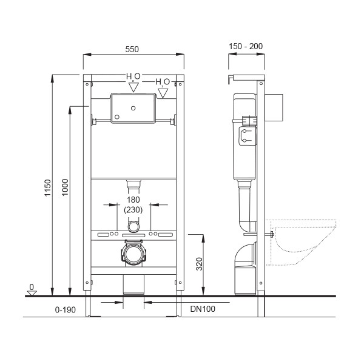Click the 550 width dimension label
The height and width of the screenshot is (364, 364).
[132, 49]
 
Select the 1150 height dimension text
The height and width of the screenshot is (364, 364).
[47, 188]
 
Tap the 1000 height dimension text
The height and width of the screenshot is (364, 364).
[66, 187]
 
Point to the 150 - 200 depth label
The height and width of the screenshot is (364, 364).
[246, 46]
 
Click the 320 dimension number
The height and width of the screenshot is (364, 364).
[200, 264]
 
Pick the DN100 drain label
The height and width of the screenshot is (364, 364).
[203, 309]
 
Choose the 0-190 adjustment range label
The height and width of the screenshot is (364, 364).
[66, 309]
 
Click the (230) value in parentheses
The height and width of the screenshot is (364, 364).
[133, 210]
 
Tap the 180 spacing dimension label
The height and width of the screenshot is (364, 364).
[133, 200]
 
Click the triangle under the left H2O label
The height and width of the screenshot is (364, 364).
[133, 87]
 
